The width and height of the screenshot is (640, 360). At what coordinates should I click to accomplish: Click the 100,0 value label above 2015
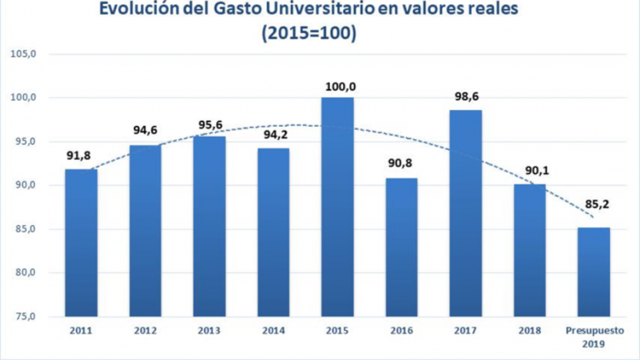tap(337, 86)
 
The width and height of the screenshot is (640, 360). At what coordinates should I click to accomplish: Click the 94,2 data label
tap(272, 137)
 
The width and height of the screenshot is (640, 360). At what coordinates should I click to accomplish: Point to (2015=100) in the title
tap(307, 35)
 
